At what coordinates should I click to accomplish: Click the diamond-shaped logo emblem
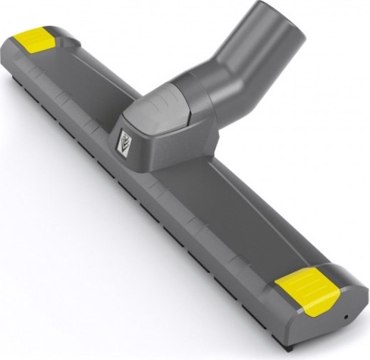[x=125, y=142]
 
